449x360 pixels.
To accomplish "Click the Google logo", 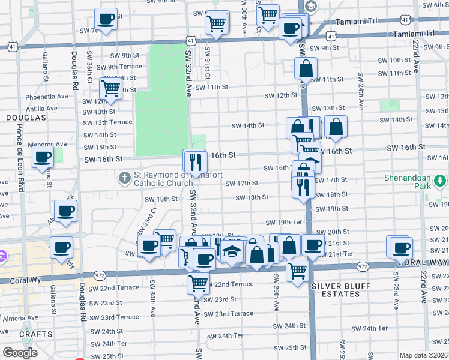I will pos(20,353).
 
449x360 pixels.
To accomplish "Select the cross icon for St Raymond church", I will pos(125,178).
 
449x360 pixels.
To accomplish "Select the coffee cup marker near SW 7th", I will pos(106,20).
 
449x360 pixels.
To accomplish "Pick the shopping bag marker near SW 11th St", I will pos(306,69).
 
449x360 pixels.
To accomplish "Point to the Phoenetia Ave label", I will pos(47,97).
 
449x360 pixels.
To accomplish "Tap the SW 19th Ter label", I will pos(283,223).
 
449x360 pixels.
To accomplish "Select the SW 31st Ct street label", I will pos(207,63).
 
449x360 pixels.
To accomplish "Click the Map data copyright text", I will pos(424,355).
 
